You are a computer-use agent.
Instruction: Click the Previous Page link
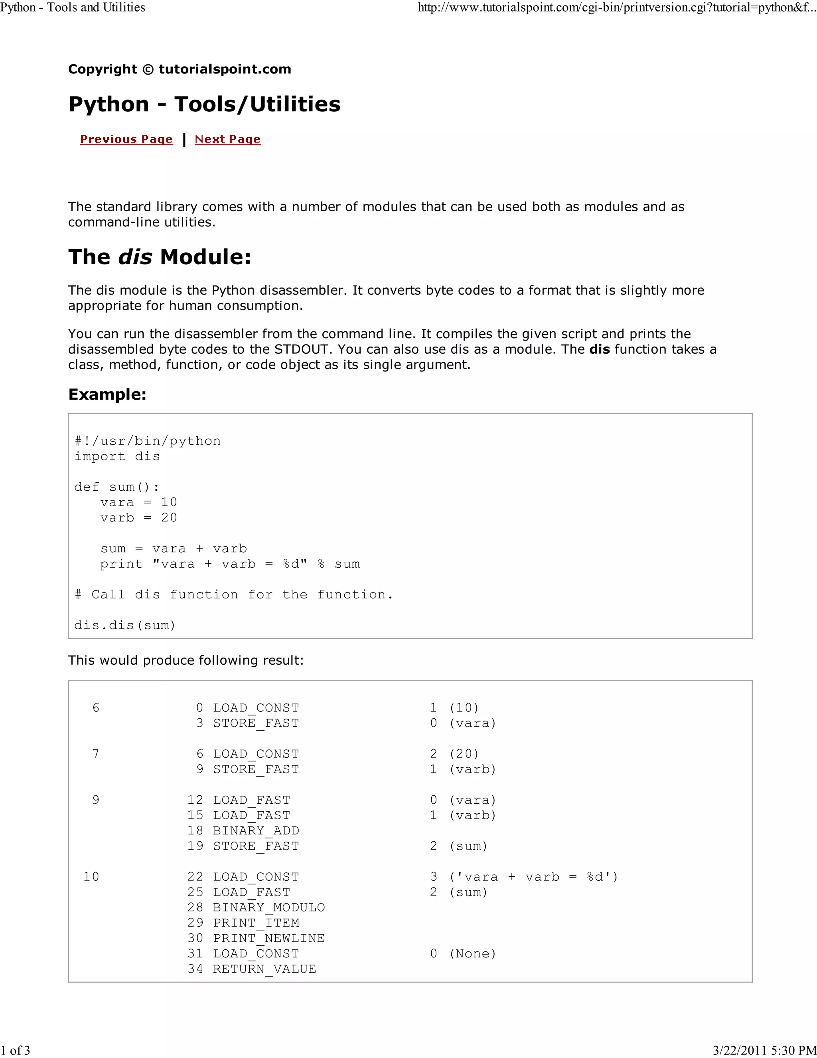click(126, 139)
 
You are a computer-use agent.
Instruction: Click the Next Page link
click(227, 139)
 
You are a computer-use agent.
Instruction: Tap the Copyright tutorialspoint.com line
click(180, 69)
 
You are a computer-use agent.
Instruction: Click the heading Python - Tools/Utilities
click(204, 104)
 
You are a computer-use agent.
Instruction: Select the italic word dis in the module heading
click(135, 257)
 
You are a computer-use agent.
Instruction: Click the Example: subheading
click(107, 394)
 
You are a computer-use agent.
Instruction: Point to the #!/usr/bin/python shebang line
click(148, 441)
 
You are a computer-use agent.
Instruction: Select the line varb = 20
click(138, 518)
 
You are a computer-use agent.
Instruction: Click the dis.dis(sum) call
click(125, 625)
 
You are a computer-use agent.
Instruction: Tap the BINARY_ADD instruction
click(256, 831)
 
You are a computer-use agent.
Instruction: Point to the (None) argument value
click(473, 954)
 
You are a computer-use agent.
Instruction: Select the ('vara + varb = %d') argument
click(533, 877)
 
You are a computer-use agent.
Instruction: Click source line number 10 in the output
click(91, 877)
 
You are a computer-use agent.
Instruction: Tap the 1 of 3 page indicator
click(16, 1050)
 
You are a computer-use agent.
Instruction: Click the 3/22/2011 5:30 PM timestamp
click(764, 1050)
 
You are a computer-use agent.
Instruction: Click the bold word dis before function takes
click(599, 349)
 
